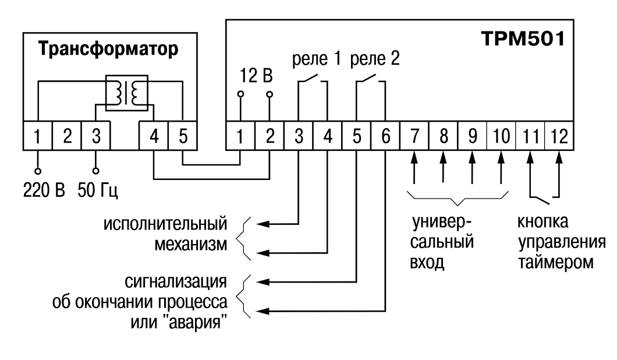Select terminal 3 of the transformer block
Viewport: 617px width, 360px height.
coord(96,137)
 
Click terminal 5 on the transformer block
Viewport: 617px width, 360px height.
coord(183,137)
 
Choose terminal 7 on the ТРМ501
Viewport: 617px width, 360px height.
coord(414,137)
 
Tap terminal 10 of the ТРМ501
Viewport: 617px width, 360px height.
coord(501,137)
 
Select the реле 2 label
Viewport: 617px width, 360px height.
coord(375,60)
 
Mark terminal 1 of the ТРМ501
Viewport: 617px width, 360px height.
coord(240,137)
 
